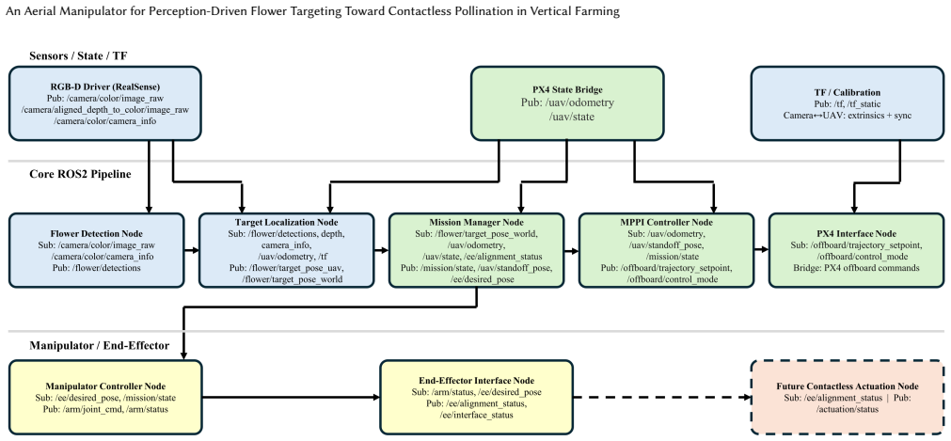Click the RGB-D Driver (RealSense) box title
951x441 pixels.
(105, 87)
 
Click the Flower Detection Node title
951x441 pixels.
(97, 233)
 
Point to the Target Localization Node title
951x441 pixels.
(287, 223)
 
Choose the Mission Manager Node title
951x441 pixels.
(477, 223)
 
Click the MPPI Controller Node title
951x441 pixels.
(666, 223)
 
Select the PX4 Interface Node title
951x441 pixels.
(856, 233)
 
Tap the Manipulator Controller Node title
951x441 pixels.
(105, 386)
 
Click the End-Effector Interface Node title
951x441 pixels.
(476, 381)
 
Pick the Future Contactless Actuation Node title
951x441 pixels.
(848, 386)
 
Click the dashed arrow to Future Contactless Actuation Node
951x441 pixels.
(661, 398)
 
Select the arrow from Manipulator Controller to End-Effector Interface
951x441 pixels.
(291, 398)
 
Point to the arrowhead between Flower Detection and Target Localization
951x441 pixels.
(196, 250)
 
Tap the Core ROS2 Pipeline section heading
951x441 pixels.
(80, 175)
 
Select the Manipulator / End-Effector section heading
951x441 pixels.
(100, 346)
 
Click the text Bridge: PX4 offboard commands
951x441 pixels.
(856, 267)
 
